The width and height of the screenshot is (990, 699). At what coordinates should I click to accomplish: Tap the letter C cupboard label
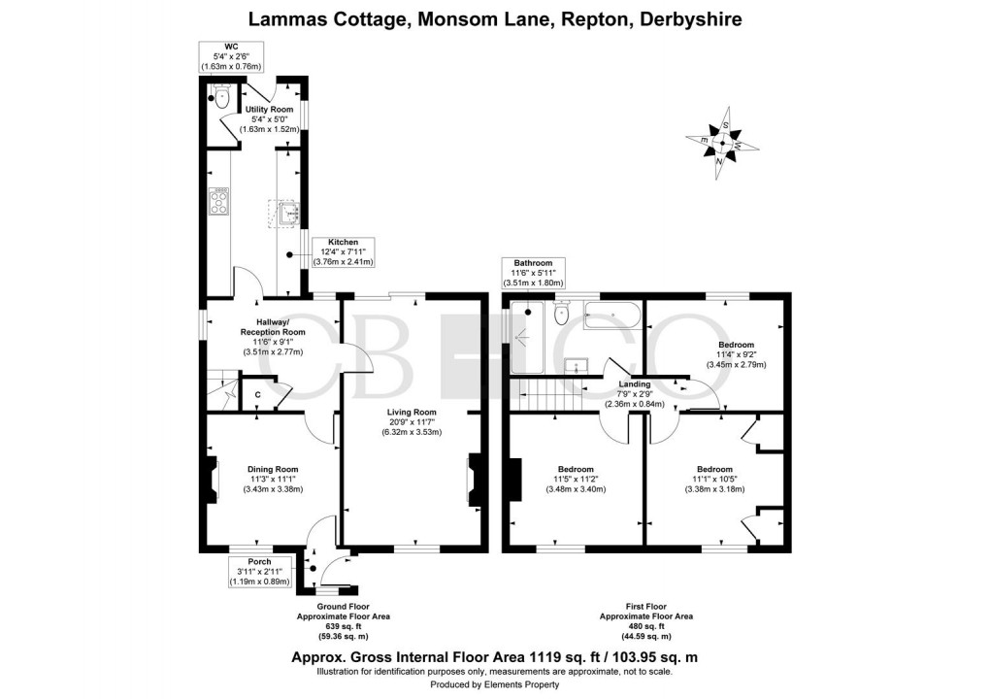pyautogui.click(x=257, y=395)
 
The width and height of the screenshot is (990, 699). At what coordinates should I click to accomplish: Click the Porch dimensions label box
pyautogui.click(x=259, y=576)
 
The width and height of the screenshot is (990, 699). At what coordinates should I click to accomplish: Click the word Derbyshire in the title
pyautogui.click(x=686, y=18)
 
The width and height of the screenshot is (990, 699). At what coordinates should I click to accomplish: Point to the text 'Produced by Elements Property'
pyautogui.click(x=495, y=684)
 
